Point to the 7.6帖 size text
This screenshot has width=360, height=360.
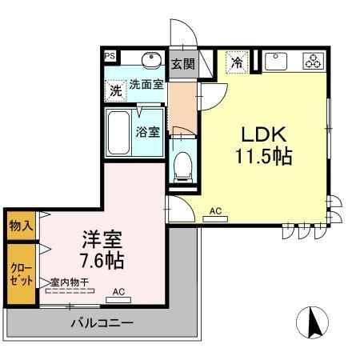tap(100, 260)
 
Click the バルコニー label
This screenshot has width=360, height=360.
tap(101, 324)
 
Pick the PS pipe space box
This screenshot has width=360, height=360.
tap(109, 57)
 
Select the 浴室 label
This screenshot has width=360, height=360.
tap(147, 130)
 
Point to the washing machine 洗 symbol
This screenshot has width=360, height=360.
tap(116, 90)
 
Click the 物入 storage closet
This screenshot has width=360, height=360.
tap(22, 226)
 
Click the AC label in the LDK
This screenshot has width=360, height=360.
tap(214, 212)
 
